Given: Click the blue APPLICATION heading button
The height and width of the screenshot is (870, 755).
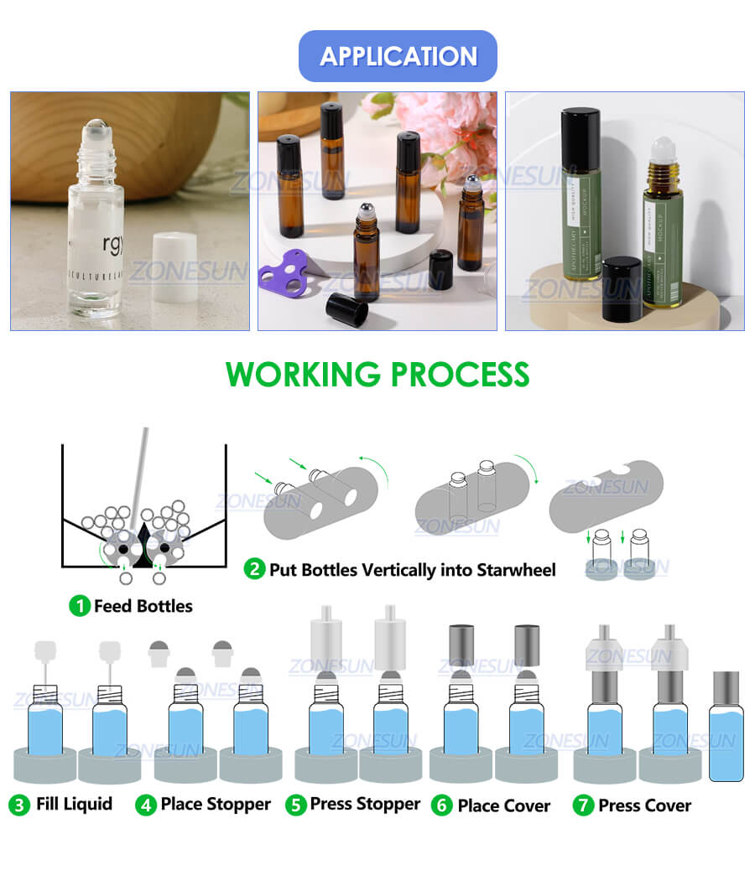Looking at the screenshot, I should click(x=398, y=56).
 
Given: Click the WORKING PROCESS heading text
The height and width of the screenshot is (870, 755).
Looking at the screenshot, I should click(x=377, y=374).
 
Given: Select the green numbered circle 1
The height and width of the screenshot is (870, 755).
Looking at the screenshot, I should click(x=79, y=605).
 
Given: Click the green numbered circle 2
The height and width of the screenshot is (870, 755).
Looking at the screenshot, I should click(x=254, y=570).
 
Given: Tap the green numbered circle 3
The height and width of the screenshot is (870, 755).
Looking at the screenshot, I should click(x=19, y=805).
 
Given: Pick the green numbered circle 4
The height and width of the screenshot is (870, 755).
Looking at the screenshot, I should click(x=146, y=805).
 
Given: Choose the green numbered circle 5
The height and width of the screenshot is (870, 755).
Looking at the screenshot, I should click(x=295, y=805).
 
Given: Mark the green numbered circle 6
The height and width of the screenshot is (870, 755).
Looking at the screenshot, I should click(x=441, y=805).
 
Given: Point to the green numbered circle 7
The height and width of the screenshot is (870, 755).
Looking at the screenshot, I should click(x=583, y=805).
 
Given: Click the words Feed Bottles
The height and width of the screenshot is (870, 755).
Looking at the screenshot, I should click(x=143, y=605).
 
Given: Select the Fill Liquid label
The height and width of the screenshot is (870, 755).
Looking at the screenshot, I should click(x=74, y=805).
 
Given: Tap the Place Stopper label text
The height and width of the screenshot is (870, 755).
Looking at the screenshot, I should click(x=216, y=805).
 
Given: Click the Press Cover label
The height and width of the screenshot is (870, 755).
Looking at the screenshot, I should click(x=644, y=805).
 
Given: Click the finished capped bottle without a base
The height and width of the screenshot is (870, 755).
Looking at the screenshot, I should click(x=722, y=725).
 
